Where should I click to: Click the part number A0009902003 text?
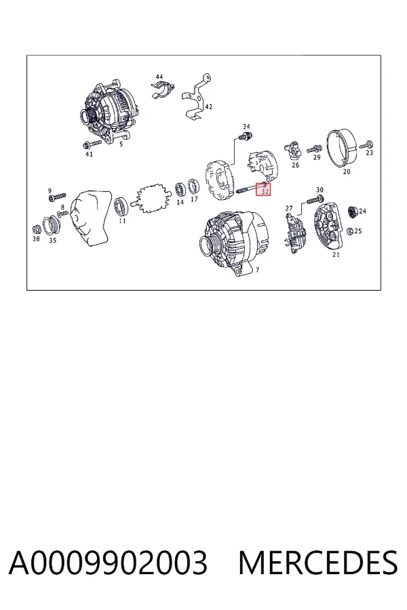tap(108, 563)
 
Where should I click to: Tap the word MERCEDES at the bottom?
tap(318, 563)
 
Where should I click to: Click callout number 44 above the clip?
tap(159, 77)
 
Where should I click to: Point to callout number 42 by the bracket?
tap(209, 106)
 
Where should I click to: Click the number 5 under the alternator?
tap(121, 144)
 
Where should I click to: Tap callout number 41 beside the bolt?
tap(89, 154)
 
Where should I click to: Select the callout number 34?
tap(246, 127)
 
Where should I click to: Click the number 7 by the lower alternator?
tap(258, 270)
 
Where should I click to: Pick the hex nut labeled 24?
tap(353, 212)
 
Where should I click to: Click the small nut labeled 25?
tap(350, 230)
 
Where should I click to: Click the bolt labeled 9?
tap(58, 197)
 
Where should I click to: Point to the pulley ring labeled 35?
tap(52, 226)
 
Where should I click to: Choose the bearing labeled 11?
tap(121, 206)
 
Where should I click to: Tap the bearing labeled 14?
tap(180, 190)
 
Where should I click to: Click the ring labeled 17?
tap(194, 187)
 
